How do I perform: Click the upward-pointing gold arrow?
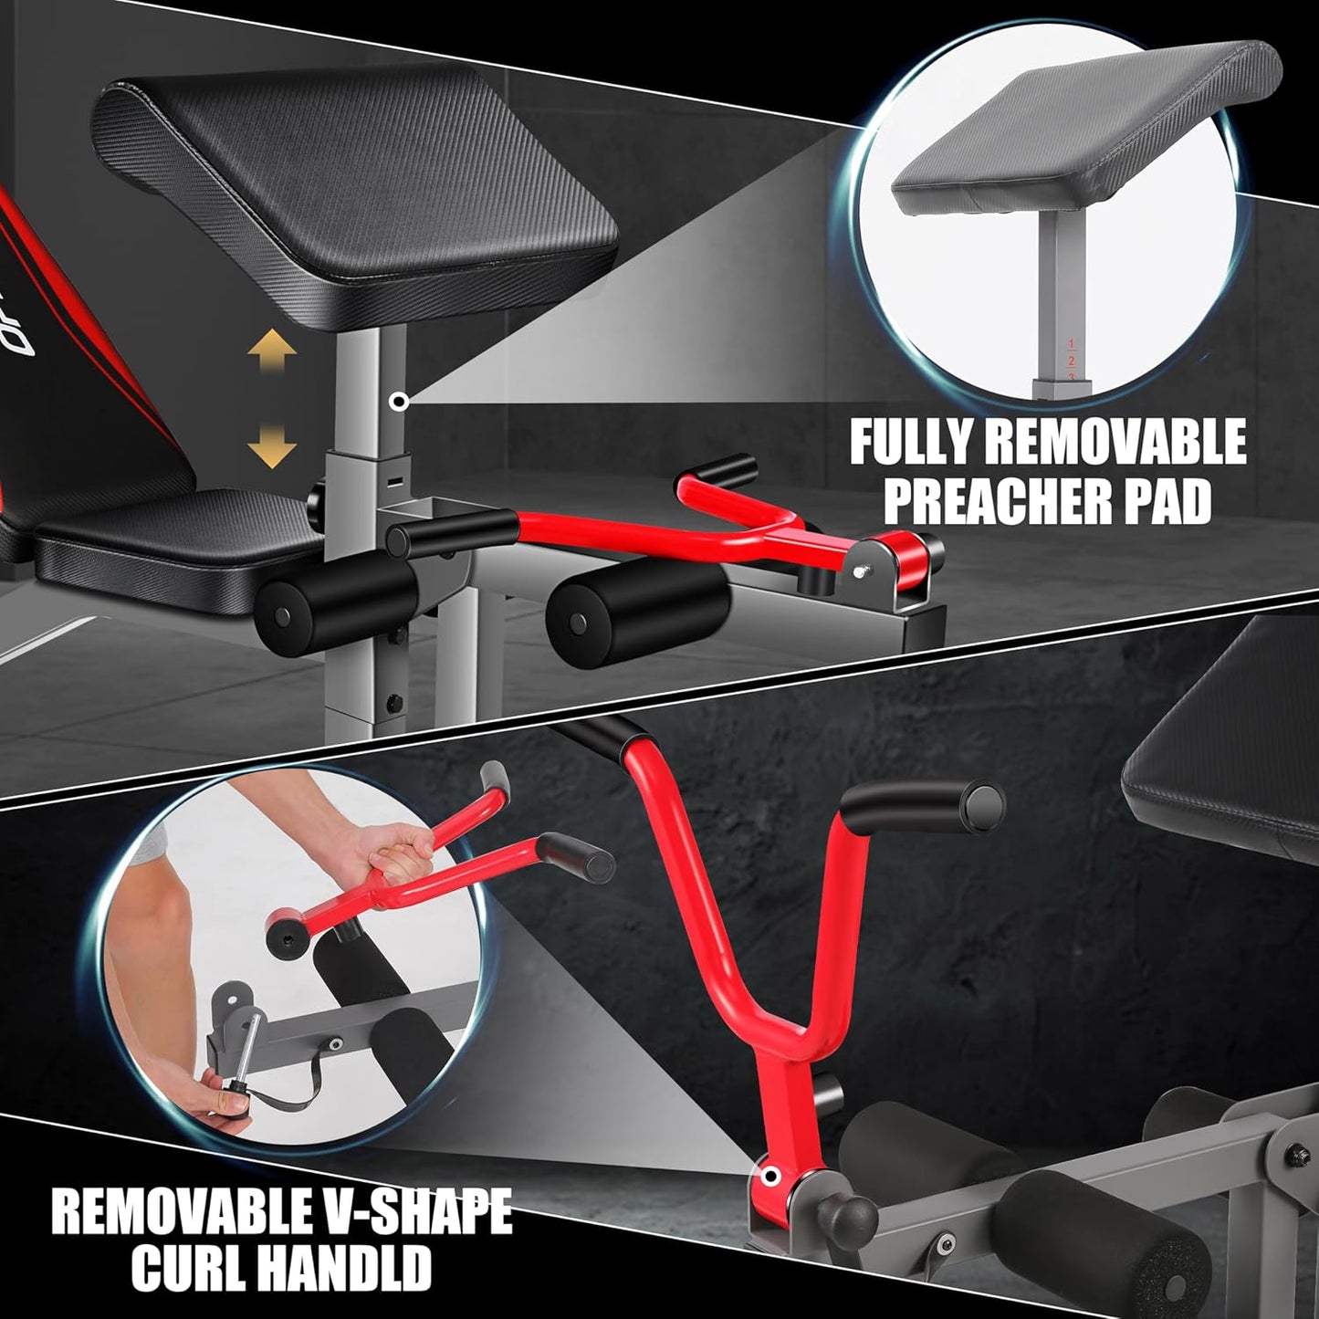coord(272,351)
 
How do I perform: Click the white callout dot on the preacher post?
coord(398,403)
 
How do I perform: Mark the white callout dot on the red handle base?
coord(771,1176)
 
